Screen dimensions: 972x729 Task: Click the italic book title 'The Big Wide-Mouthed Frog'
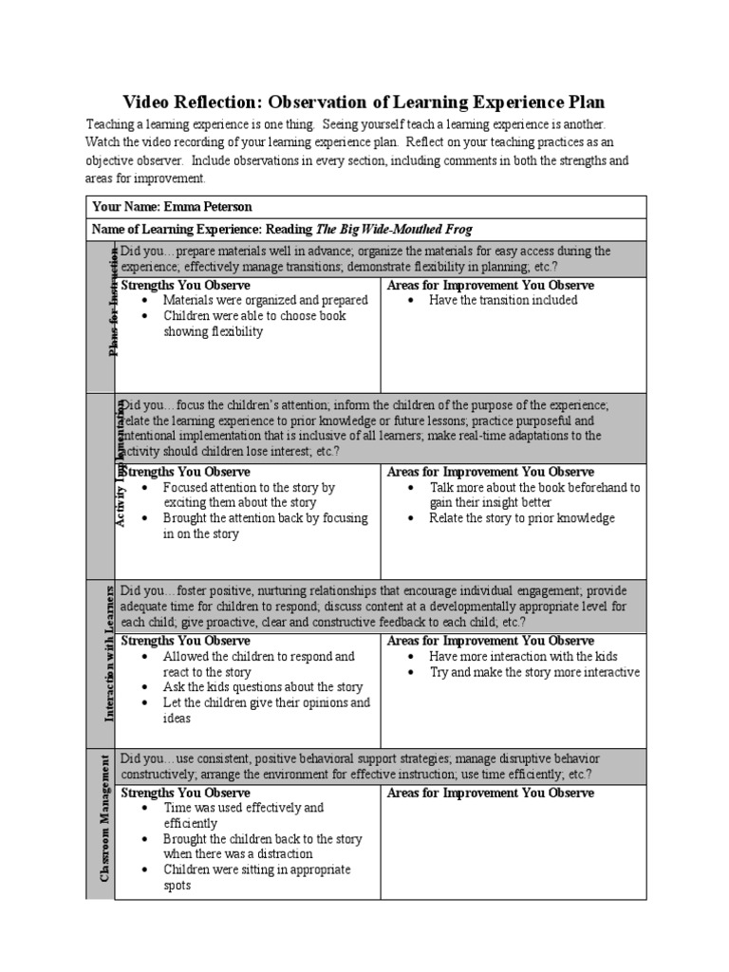pos(393,230)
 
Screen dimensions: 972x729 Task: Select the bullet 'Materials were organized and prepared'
pos(265,300)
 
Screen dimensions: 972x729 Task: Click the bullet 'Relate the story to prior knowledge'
pos(522,518)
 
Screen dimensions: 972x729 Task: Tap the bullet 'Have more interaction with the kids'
pos(523,656)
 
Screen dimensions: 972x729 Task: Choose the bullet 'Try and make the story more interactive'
pos(534,672)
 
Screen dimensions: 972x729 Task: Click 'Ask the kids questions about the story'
pos(263,687)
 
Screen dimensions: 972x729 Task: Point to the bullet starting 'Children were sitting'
pos(256,877)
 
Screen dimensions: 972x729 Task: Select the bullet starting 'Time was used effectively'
pos(243,815)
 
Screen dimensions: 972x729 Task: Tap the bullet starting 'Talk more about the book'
pos(534,495)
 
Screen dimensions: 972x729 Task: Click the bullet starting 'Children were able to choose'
pos(254,324)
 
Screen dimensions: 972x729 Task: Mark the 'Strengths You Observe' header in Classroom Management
pos(186,793)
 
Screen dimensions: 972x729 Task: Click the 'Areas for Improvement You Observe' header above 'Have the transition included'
pos(491,285)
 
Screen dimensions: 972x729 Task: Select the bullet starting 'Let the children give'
pos(266,710)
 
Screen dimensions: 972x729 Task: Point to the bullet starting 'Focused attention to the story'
pos(249,495)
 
